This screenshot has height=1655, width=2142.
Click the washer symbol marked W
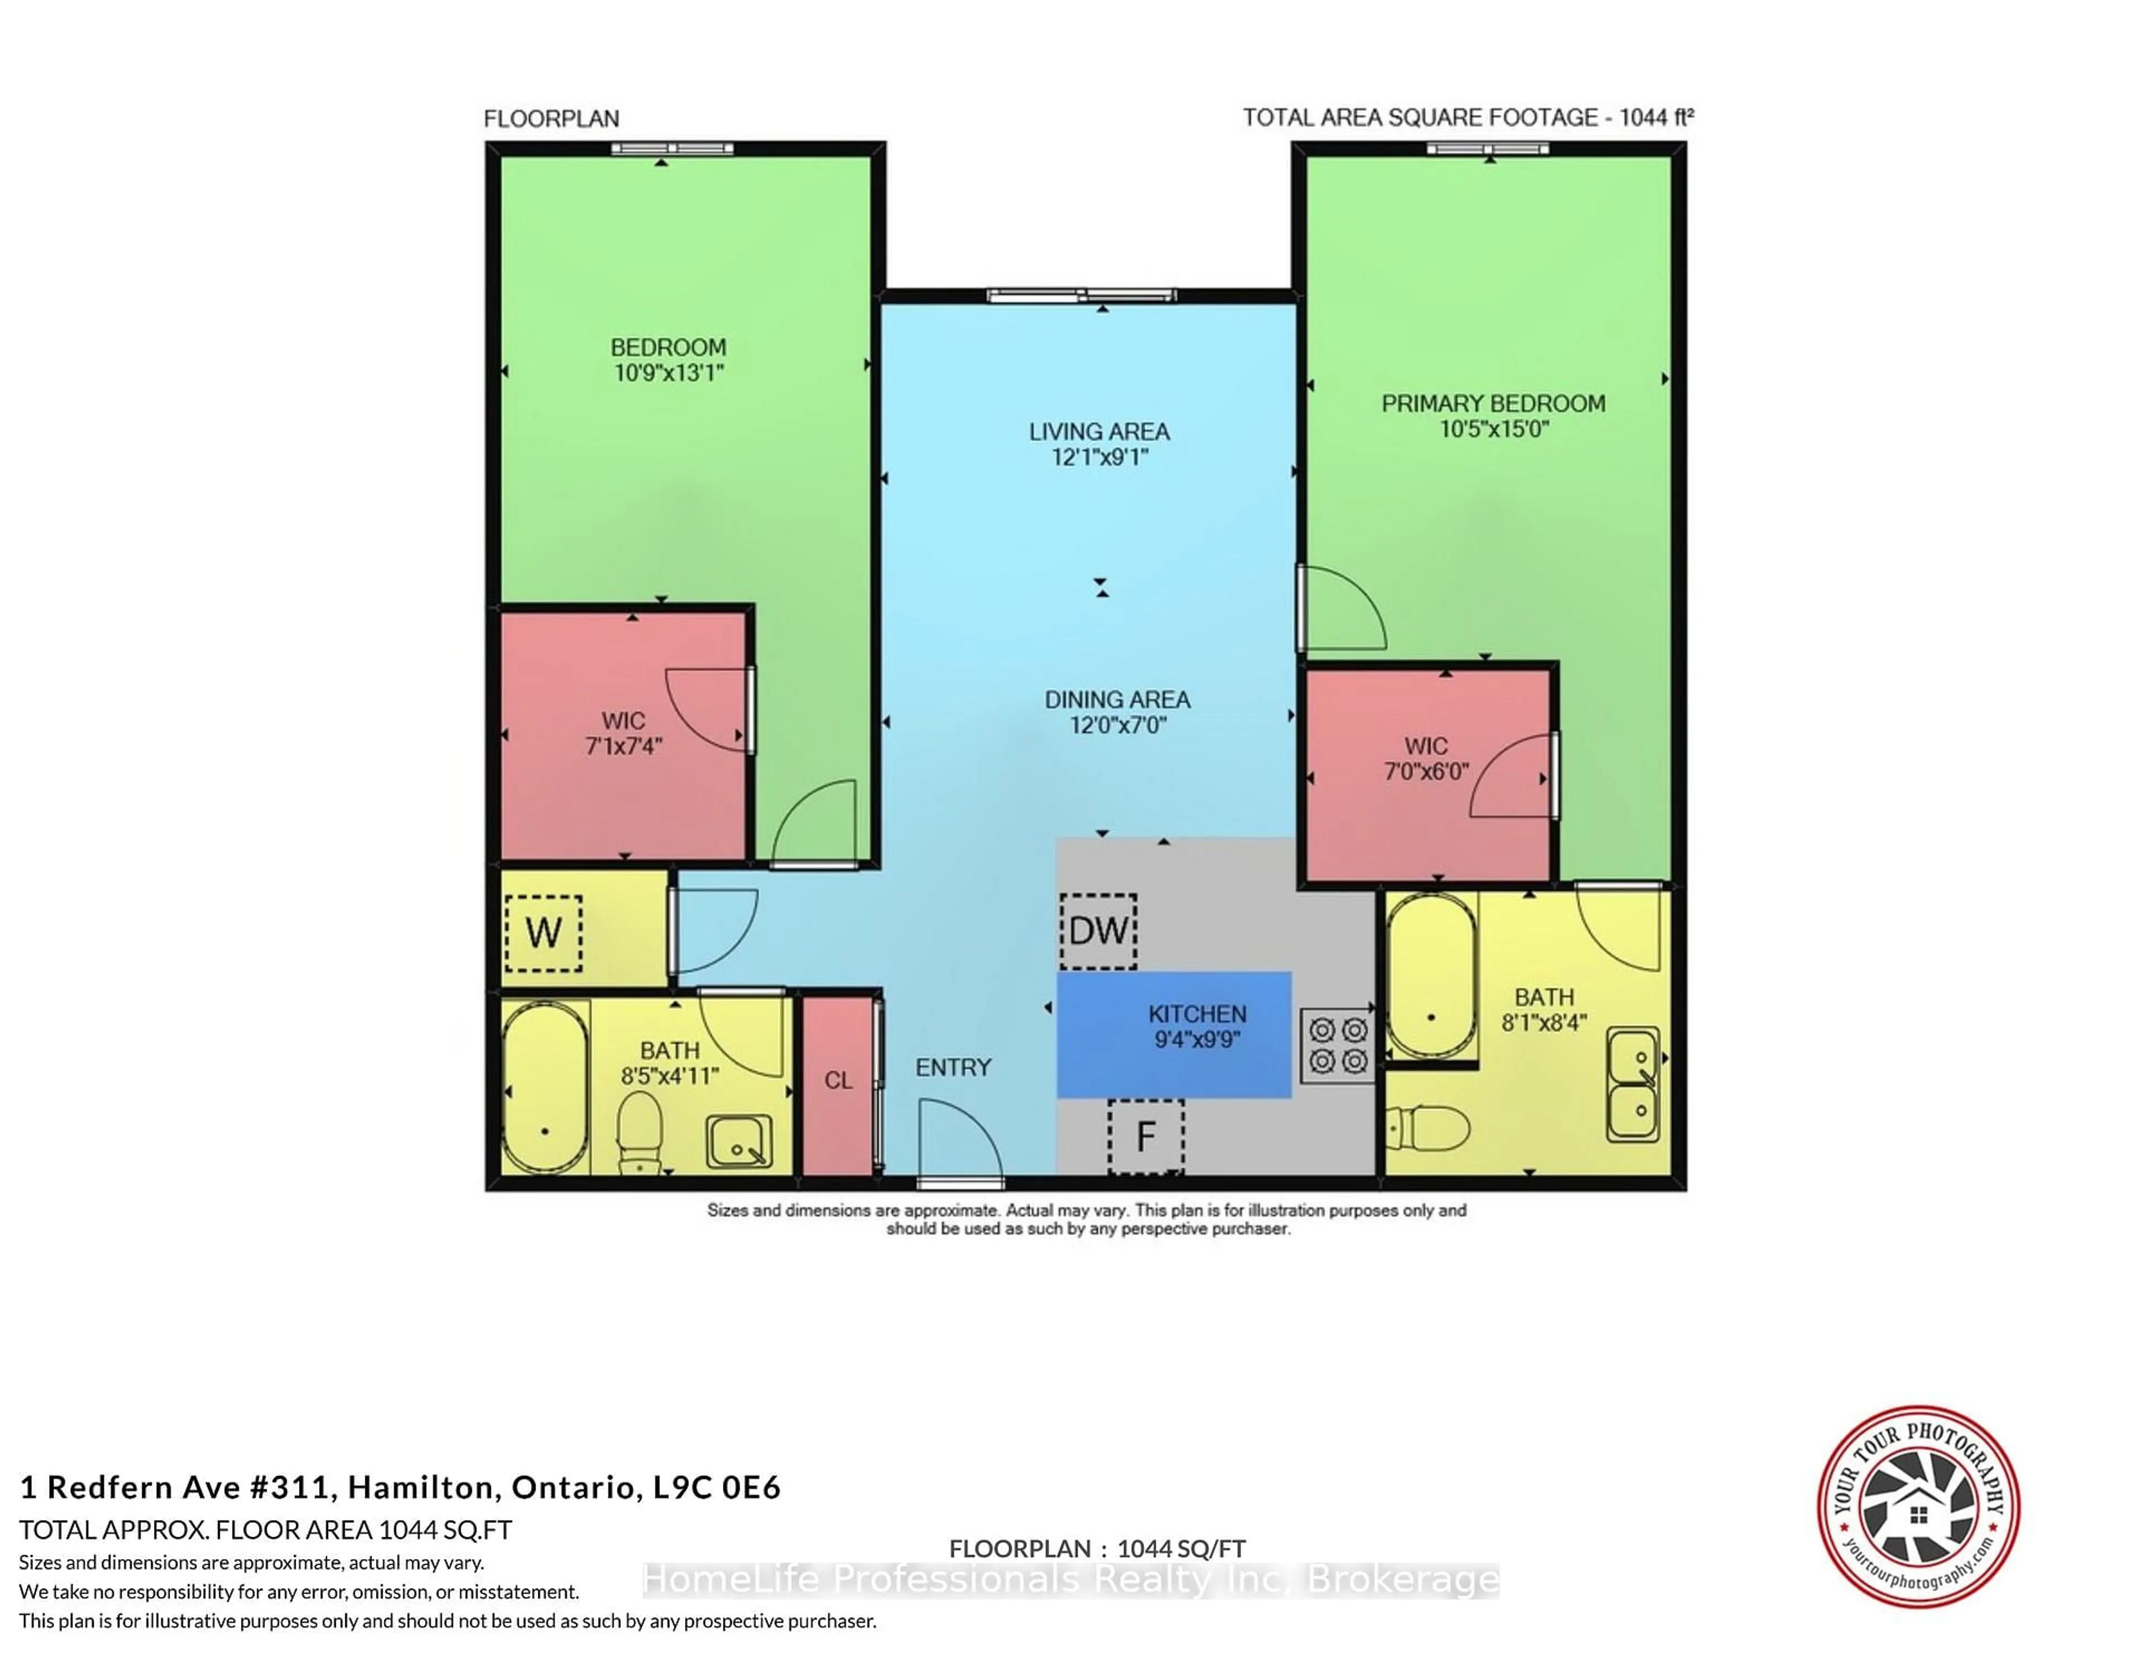(x=543, y=932)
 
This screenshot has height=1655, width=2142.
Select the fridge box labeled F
(x=1146, y=1136)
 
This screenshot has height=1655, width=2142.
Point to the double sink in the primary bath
(x=1633, y=1085)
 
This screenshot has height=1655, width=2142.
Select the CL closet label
(x=838, y=1081)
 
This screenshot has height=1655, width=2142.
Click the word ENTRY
(x=953, y=1068)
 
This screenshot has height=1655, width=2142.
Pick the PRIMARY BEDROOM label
(x=1493, y=403)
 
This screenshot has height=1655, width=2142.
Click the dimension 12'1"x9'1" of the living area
(x=1099, y=457)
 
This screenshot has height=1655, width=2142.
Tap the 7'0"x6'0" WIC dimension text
(x=1426, y=772)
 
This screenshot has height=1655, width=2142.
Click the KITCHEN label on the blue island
(x=1198, y=1014)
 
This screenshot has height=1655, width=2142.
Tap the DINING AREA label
(x=1117, y=700)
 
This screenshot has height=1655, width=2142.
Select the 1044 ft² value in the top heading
(x=1656, y=118)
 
